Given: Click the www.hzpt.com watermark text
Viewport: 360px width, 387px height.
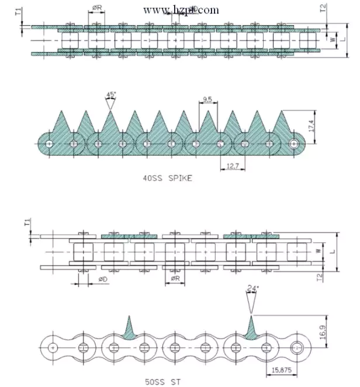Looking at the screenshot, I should coord(181,10).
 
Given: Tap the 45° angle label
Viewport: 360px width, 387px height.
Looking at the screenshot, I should coord(110,95).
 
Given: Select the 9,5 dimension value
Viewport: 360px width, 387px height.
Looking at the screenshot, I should coord(207,99).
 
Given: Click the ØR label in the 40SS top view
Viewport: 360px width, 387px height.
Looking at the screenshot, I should coord(98,9).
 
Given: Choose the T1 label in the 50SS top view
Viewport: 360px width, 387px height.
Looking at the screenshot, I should coord(26,223).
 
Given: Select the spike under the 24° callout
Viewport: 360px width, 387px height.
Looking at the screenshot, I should coord(251,327).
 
